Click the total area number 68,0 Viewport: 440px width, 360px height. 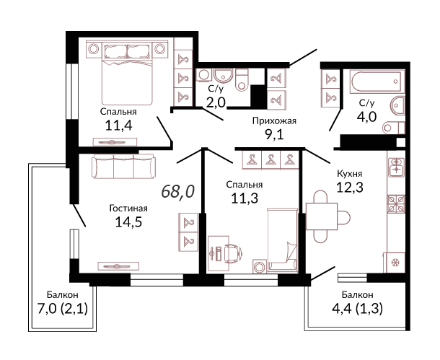click(x=178, y=192)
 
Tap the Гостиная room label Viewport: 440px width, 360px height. click(x=128, y=208)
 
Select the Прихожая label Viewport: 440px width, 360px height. click(x=274, y=121)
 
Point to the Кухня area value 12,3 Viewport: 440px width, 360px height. click(x=350, y=187)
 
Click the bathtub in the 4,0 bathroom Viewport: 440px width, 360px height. click(x=377, y=82)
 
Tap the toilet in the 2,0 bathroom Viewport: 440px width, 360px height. click(x=242, y=80)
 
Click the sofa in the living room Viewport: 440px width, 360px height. click(x=123, y=167)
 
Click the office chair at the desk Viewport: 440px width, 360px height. click(x=233, y=253)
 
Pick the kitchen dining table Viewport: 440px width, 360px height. click(x=322, y=216)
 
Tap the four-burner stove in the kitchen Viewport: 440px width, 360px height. click(x=396, y=203)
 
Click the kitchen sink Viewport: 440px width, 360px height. click(x=396, y=167)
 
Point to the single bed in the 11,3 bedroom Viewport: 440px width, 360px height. click(x=282, y=240)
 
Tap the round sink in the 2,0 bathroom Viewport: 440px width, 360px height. click(x=223, y=76)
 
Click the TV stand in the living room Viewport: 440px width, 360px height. click(x=118, y=266)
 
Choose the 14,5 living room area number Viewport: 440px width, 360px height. click(x=128, y=221)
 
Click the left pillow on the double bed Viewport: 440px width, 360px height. click(x=115, y=52)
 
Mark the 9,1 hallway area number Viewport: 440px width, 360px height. click(x=274, y=135)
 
